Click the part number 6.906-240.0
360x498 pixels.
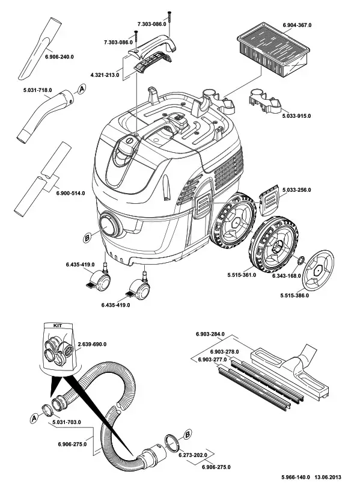59,57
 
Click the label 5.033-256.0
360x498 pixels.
297,189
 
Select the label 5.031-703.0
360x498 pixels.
67,423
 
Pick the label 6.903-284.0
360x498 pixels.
210,334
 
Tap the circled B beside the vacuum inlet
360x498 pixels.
87,238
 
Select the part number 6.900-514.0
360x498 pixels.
70,193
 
